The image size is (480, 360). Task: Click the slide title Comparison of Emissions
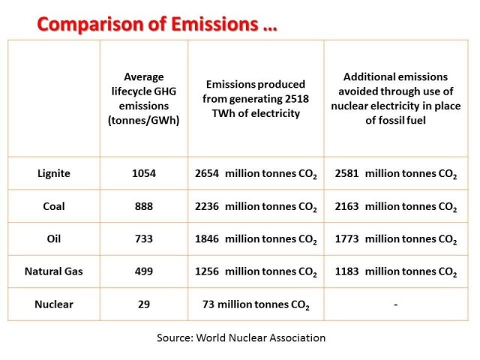click(x=157, y=24)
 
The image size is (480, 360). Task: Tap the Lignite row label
click(x=53, y=173)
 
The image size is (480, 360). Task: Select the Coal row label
click(x=53, y=206)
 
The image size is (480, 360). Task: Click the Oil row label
click(x=53, y=238)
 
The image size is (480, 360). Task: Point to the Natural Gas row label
click(x=53, y=271)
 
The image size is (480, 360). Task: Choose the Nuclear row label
click(x=53, y=304)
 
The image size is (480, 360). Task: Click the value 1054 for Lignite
click(x=143, y=173)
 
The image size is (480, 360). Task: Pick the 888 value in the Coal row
click(x=143, y=206)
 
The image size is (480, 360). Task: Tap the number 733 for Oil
click(x=143, y=238)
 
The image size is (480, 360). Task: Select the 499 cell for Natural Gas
click(x=143, y=271)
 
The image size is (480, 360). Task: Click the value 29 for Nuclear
click(x=143, y=304)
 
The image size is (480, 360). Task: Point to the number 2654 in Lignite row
click(x=206, y=173)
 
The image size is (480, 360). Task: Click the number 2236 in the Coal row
click(x=206, y=206)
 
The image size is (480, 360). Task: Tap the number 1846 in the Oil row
click(x=206, y=238)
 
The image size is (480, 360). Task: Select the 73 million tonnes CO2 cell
click(x=256, y=304)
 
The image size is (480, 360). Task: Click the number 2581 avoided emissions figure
click(x=347, y=173)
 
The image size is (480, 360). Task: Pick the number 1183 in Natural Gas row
click(x=347, y=271)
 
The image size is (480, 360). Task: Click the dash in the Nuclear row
click(x=394, y=304)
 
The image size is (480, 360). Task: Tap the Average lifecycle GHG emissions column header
click(x=143, y=98)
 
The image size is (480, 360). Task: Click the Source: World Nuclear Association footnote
click(x=241, y=337)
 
